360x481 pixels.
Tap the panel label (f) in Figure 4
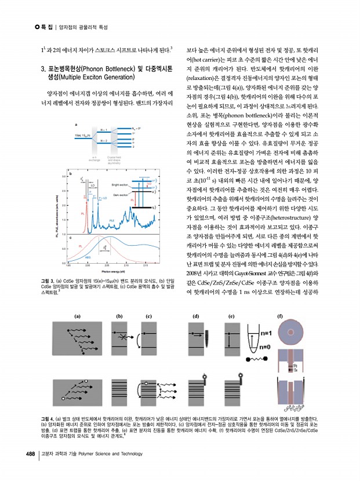(x=281, y=316)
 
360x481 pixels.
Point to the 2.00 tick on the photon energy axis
(x=86, y=266)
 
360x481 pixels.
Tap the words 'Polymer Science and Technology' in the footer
(x=110, y=453)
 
